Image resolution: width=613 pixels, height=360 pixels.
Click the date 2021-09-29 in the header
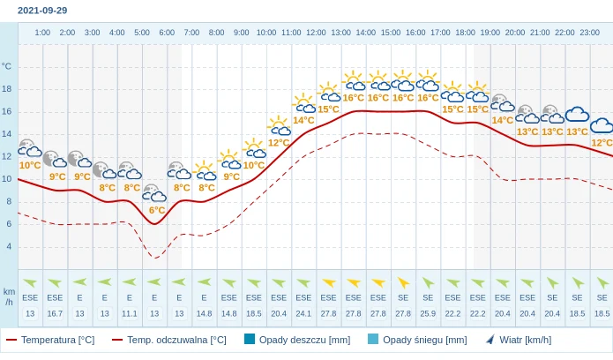point(42,11)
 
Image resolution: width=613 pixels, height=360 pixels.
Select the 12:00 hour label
point(316,33)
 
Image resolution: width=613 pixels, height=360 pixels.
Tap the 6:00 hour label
point(167,33)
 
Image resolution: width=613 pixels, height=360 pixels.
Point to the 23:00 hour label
point(589,33)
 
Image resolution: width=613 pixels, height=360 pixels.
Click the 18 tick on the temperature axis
point(7,89)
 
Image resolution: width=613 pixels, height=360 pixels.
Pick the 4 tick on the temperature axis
point(9,246)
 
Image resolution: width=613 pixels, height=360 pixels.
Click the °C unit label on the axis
point(7,66)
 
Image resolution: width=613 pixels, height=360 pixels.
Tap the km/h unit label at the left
point(9,296)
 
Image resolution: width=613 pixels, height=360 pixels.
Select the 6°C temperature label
point(156,210)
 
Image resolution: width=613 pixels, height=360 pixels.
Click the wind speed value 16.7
point(55,313)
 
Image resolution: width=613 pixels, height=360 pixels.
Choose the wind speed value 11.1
point(130,313)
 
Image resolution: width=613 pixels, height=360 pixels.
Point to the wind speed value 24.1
point(303,313)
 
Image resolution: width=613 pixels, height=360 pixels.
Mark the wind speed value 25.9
point(428,313)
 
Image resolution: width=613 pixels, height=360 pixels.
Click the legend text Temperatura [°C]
point(57,340)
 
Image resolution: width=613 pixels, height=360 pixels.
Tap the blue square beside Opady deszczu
point(250,339)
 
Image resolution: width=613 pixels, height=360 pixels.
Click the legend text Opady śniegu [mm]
point(424,340)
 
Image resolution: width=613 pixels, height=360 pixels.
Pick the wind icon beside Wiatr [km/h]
point(490,339)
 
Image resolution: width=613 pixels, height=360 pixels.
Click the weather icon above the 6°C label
point(154,193)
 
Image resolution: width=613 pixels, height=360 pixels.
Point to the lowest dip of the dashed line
point(155,258)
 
